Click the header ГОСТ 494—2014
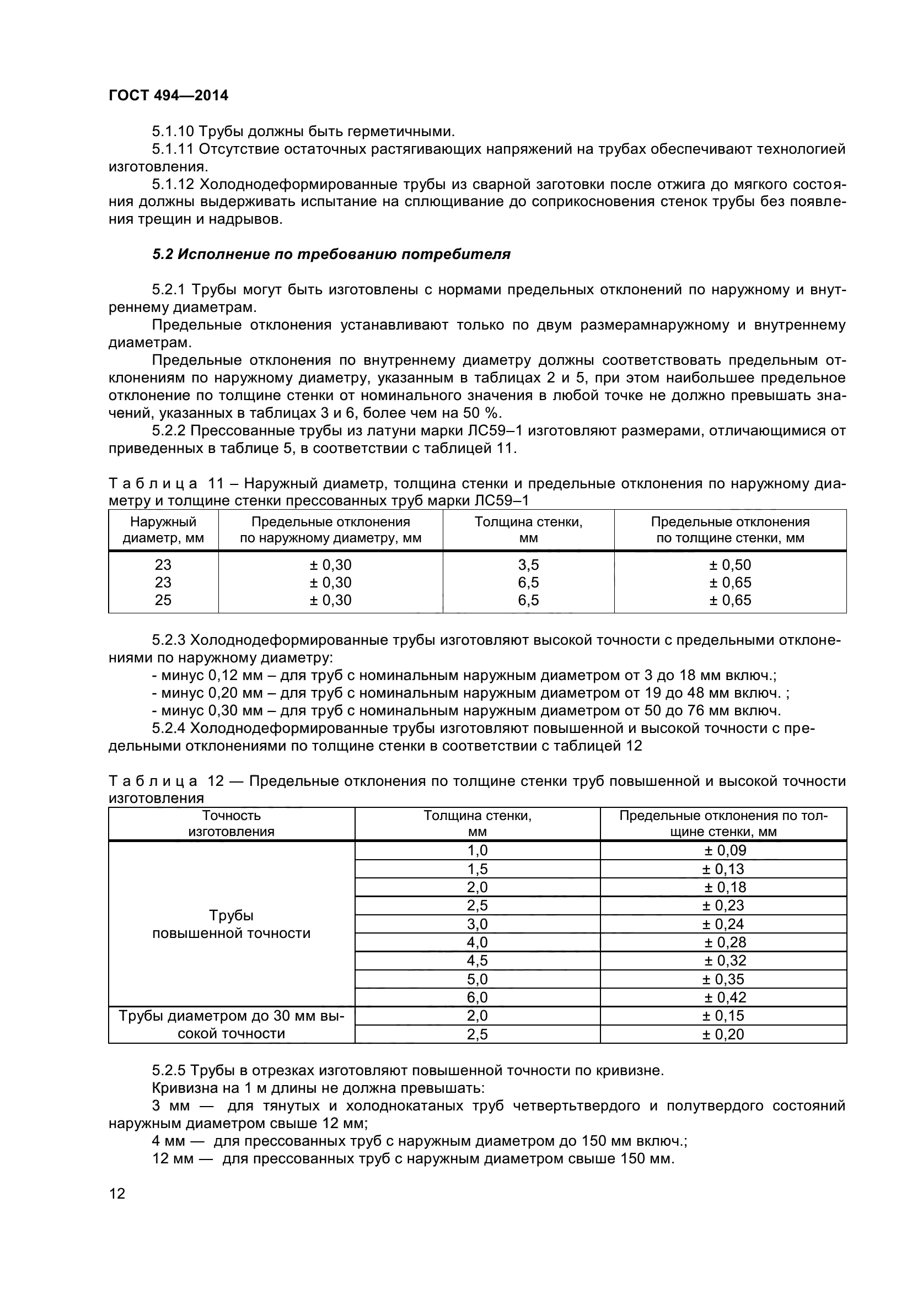169,95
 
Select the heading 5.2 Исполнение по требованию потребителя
331,254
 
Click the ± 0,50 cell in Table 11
729,565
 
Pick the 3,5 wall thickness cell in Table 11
528,565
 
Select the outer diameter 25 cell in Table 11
163,600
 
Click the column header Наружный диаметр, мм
163,530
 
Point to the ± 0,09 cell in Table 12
725,850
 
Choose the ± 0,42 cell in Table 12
725,997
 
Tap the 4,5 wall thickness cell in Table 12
478,961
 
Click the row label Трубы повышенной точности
232,924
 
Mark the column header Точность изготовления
232,823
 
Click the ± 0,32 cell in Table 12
725,961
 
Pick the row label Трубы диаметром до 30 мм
232,1016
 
